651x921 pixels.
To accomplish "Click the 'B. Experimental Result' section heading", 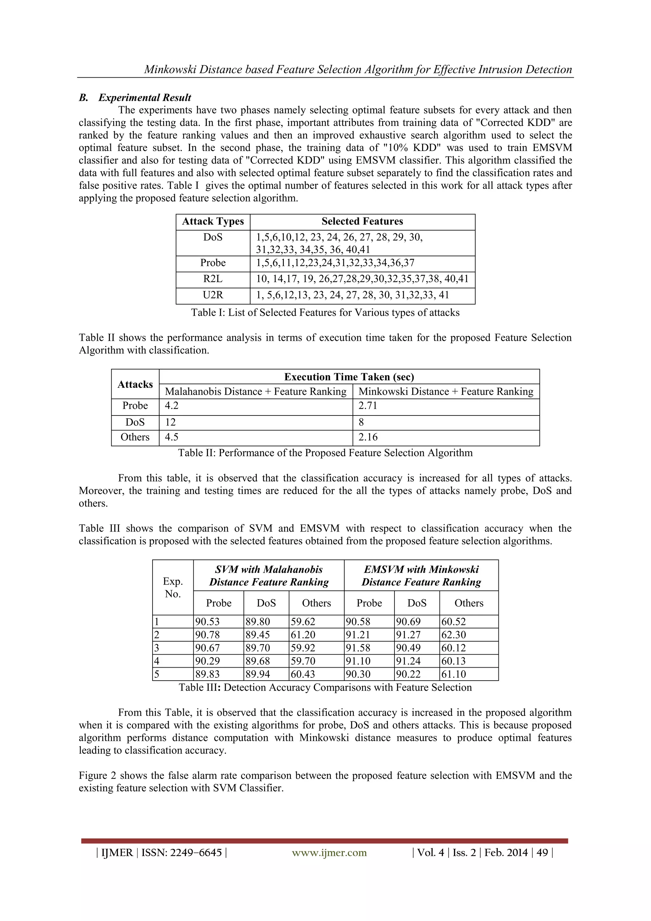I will (x=135, y=98).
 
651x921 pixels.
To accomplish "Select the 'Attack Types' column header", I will (x=213, y=221).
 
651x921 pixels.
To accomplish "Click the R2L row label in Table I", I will (x=213, y=279).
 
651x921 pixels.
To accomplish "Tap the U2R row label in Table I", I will (x=213, y=295).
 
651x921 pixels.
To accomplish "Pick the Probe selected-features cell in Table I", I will (x=335, y=263).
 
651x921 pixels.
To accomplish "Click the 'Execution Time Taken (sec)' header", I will (x=349, y=377).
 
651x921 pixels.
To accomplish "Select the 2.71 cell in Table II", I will (x=368, y=406).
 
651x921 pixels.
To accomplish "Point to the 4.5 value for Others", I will (x=172, y=437).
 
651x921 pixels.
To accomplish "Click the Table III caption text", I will (x=325, y=688).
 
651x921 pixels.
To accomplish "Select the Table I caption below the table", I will (x=325, y=313).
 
